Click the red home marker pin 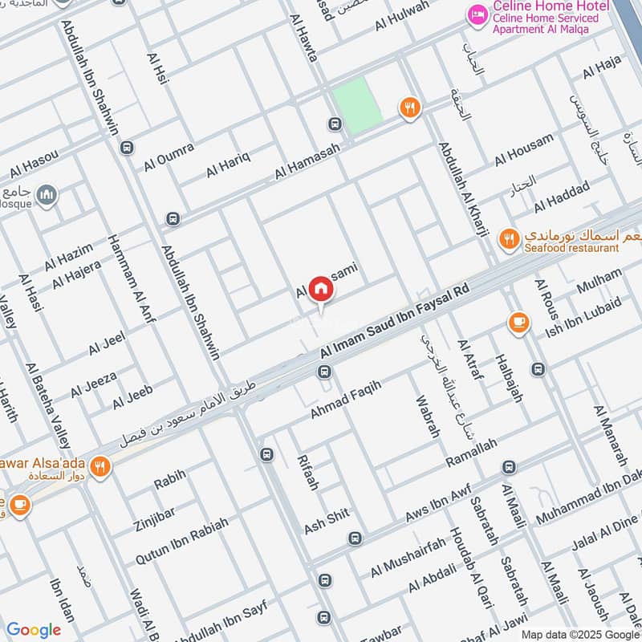[321, 289]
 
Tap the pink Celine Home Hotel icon [478, 15]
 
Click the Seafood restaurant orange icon [508, 238]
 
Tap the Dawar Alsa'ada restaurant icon [100, 466]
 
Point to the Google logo [34, 630]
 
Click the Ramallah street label [471, 454]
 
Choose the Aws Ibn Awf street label [437, 504]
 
